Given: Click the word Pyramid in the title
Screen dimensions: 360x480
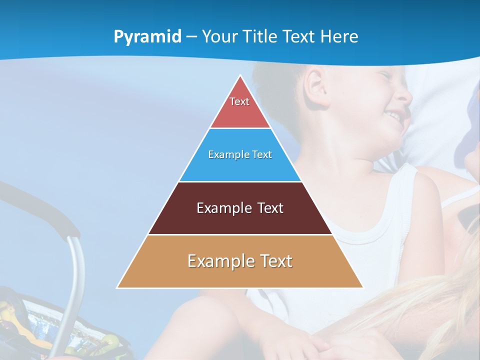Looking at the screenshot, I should (x=147, y=37).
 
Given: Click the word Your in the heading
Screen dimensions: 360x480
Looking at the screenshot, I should (x=219, y=37).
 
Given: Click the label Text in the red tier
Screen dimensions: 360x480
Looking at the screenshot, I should (x=239, y=101).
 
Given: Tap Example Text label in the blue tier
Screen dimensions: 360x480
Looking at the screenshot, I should (x=240, y=154).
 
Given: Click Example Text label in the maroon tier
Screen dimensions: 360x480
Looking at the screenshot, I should (x=240, y=208).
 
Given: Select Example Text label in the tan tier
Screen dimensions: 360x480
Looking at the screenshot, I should (x=240, y=261).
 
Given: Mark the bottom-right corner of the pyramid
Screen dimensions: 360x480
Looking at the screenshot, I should (x=362, y=287).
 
